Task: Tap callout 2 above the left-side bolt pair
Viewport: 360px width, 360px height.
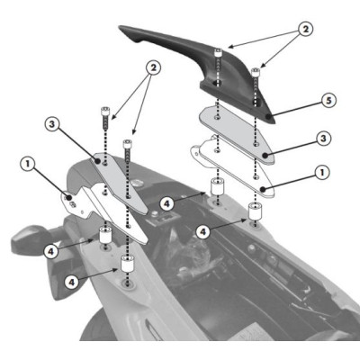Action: [156, 67]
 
